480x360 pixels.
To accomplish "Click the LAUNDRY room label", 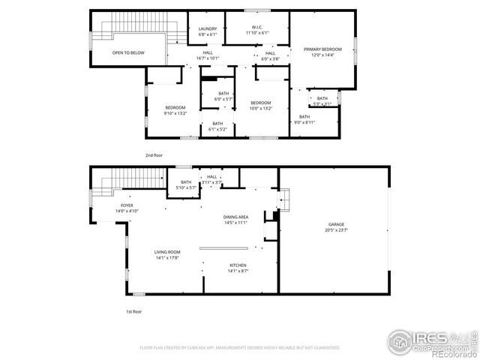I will pyautogui.click(x=207, y=28).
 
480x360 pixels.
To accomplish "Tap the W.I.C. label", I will pyautogui.click(x=256, y=28).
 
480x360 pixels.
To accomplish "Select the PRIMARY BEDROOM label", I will pyautogui.click(x=322, y=49).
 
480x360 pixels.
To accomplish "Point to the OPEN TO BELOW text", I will pyautogui.click(x=128, y=52).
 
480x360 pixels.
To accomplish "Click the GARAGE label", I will pyautogui.click(x=336, y=224).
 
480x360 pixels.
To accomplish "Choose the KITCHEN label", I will pyautogui.click(x=238, y=265).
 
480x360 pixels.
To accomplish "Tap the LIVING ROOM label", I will pyautogui.click(x=147, y=252).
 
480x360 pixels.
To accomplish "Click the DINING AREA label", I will pyautogui.click(x=235, y=217).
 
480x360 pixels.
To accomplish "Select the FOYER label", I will pyautogui.click(x=127, y=205).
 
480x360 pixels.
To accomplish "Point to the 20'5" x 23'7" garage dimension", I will pyautogui.click(x=336, y=230).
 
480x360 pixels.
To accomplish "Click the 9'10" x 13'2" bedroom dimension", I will pyautogui.click(x=175, y=113).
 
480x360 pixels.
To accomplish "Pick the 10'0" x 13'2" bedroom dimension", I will pyautogui.click(x=260, y=108).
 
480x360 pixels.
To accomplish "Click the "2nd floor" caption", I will pyautogui.click(x=154, y=154).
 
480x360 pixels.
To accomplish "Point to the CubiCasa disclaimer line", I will pyautogui.click(x=240, y=347).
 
